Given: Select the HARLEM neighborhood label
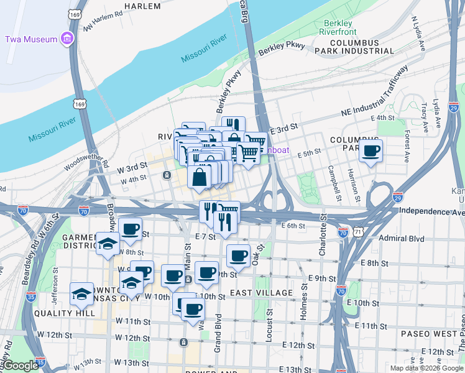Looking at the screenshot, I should [142, 6].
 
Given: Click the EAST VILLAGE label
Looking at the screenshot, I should [261, 293].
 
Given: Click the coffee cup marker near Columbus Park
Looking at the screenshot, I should [371, 150].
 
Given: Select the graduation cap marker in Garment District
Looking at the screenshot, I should [108, 244].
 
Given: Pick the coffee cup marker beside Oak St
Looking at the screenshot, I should [238, 256].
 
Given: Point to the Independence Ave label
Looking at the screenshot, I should [431, 212].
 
